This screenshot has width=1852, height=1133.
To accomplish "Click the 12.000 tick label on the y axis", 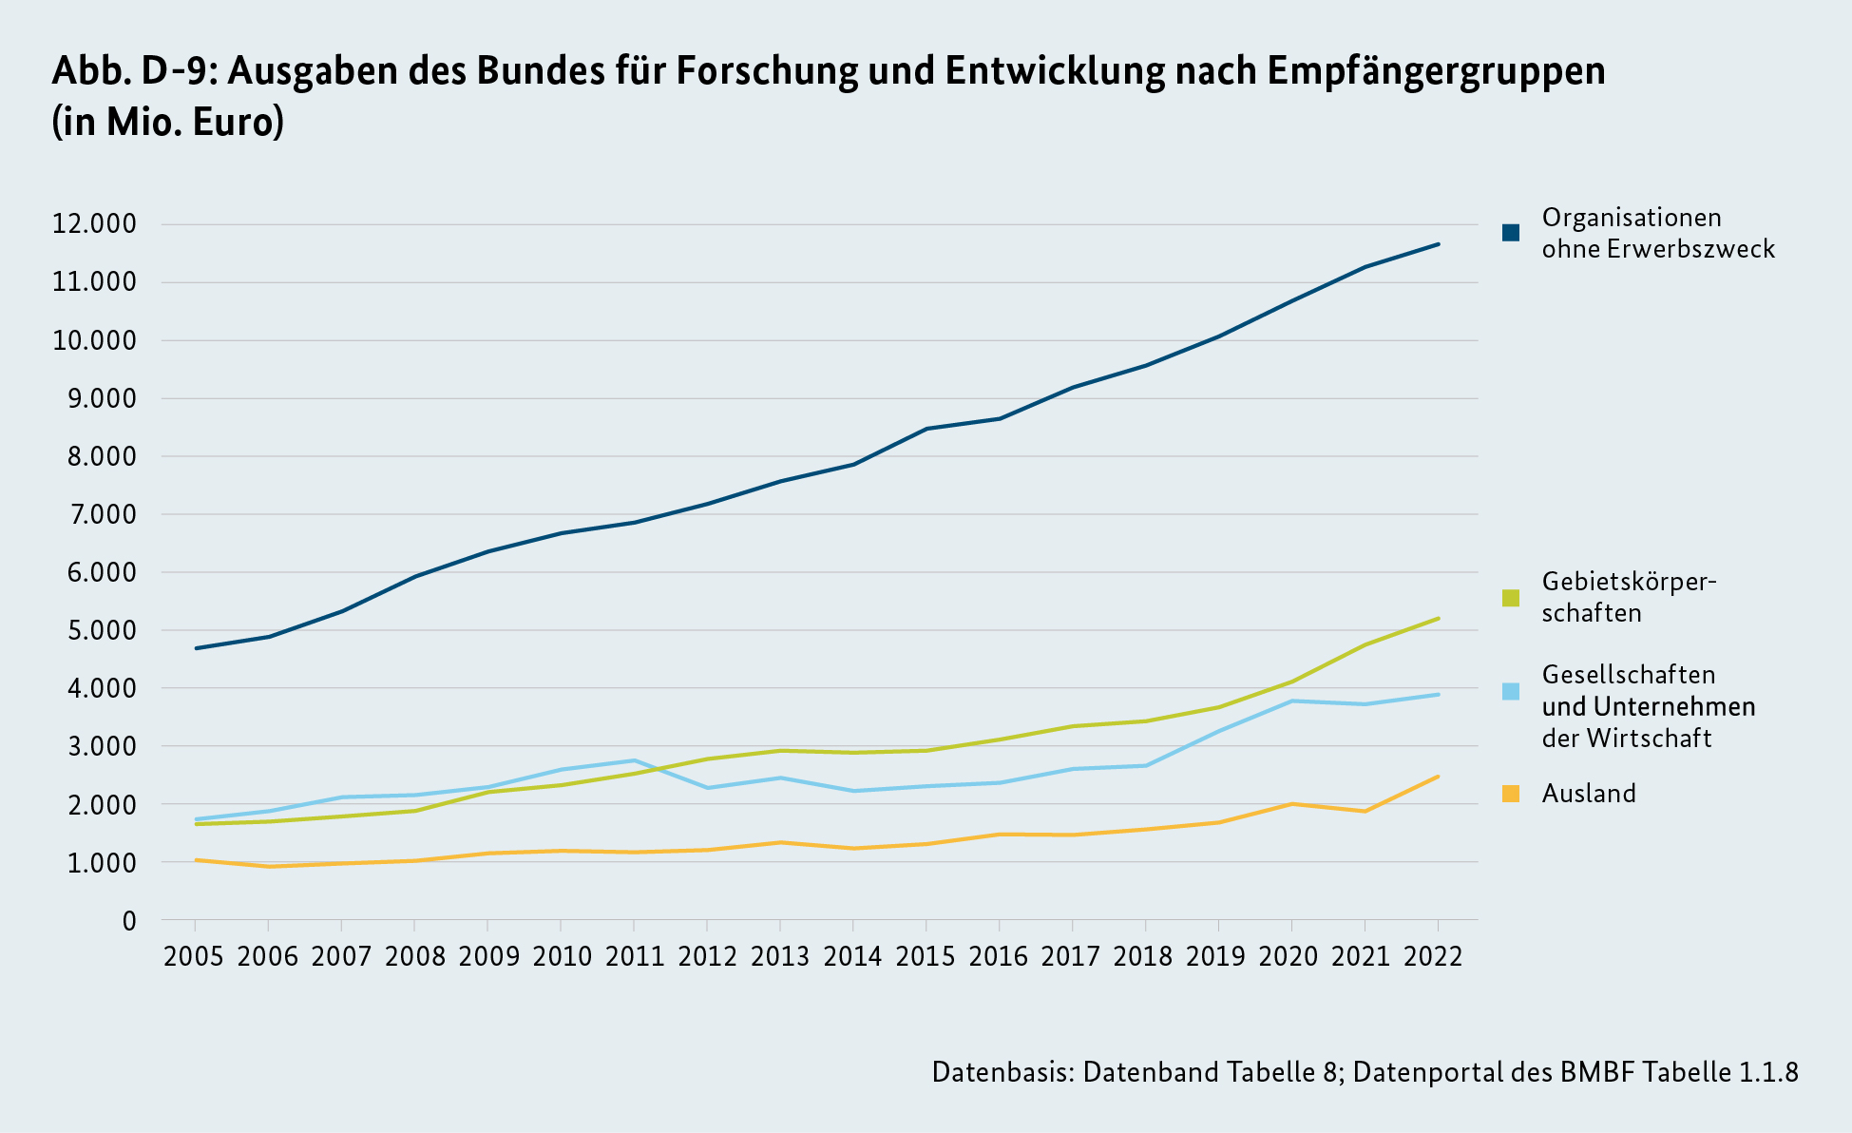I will (94, 225).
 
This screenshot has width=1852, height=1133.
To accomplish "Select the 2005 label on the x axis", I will (194, 956).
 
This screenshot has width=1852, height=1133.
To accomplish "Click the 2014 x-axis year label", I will (852, 956).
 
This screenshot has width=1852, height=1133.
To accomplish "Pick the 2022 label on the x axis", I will (1433, 956).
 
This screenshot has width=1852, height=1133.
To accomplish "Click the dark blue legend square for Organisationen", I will (1511, 233).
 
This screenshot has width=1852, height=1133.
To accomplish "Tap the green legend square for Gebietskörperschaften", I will (1511, 598).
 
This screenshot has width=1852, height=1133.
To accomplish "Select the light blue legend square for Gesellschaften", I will (1511, 692).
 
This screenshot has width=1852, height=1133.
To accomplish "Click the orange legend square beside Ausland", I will (1511, 794).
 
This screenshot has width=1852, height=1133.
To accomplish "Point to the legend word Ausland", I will (1589, 794).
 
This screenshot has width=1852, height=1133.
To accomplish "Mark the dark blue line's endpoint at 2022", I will (1439, 244).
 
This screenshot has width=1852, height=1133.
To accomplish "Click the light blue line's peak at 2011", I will (634, 760).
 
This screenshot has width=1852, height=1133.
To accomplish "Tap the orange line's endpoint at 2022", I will (1439, 777).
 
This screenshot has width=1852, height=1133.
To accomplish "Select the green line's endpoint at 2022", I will (1439, 619).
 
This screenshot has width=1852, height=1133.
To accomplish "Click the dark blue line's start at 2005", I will (195, 648).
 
